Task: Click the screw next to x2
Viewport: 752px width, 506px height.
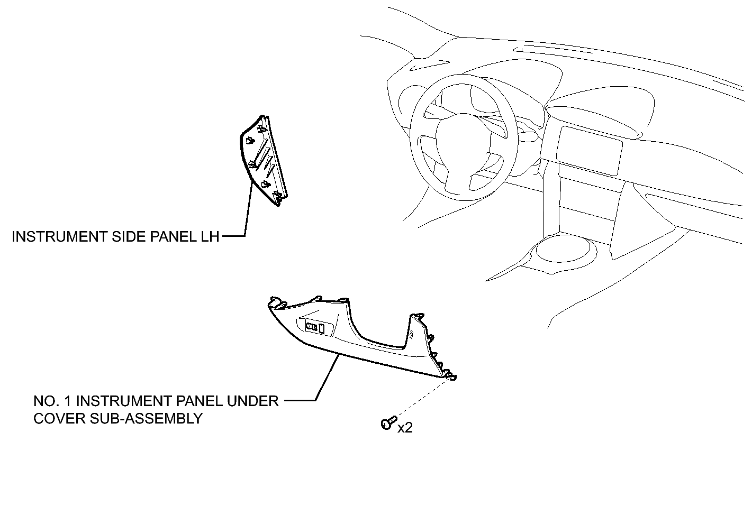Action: click(389, 423)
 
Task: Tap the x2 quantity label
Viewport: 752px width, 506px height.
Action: click(405, 428)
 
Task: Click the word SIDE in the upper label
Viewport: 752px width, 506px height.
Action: click(129, 237)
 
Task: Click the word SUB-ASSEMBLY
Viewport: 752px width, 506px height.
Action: click(147, 418)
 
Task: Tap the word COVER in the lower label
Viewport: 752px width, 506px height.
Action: click(60, 418)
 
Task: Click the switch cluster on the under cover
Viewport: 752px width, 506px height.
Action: click(315, 327)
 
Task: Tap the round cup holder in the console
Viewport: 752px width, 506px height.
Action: click(563, 249)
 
